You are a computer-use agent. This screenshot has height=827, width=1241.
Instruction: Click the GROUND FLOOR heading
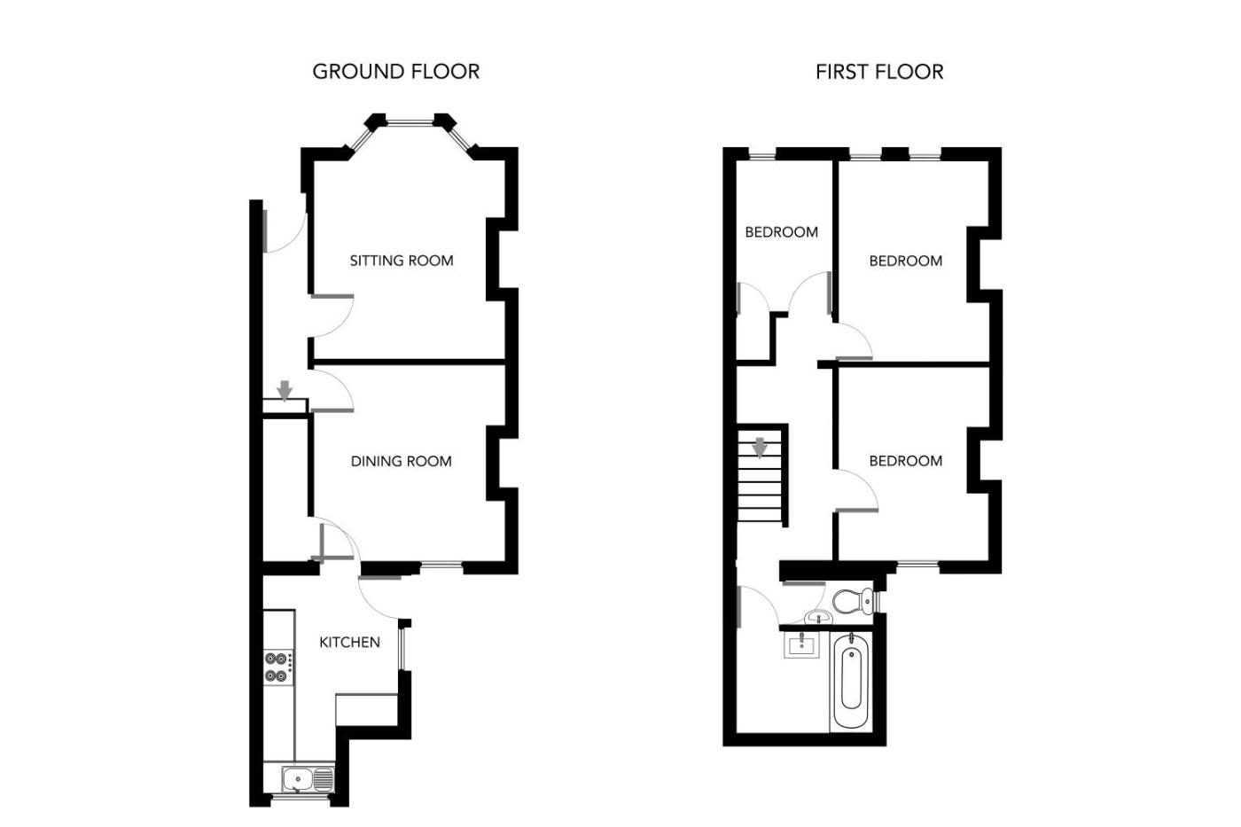pos(395,72)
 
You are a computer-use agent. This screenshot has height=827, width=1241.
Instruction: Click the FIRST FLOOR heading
pos(879,72)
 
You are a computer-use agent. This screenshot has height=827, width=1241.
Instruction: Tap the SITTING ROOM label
pos(401,261)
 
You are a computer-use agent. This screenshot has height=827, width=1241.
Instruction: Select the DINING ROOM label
pos(401,461)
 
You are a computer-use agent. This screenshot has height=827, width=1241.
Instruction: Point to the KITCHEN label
pos(349,642)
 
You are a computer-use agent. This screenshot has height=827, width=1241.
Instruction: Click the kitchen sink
pos(308,779)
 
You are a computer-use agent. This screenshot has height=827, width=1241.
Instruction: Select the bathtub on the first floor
pos(851,682)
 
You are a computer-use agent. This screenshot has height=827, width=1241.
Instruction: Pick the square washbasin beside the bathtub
pos(801,646)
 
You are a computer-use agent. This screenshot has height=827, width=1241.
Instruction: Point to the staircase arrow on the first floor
pos(759,449)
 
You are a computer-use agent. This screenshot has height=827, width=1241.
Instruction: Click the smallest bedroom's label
pos(781,231)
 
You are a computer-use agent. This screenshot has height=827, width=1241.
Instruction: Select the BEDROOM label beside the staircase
pos(905,461)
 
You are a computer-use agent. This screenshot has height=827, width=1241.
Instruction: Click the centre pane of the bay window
pos(410,121)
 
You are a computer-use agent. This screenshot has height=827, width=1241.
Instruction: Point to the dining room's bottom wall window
pos(441,565)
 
